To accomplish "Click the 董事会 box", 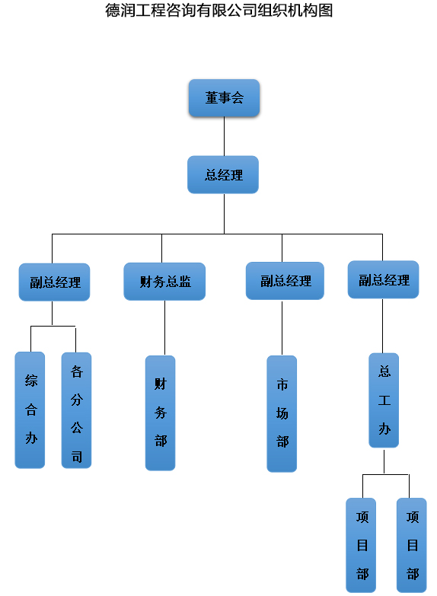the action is point(224,97).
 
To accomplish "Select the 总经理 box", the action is point(223,174).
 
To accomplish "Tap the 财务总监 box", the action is point(164,282).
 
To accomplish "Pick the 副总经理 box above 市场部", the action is point(285,281).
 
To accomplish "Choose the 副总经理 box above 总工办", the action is point(384,279).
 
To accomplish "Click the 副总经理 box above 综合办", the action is point(54,282).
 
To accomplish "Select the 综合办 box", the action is point(30,410).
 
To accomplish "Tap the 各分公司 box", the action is point(76,410).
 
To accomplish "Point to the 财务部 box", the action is point(161,413).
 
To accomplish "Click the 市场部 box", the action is point(282,414).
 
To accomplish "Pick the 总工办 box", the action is point(384,400).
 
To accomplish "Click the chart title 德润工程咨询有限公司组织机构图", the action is point(219,10).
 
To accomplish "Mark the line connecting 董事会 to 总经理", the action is point(224,136).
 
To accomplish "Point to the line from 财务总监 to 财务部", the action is point(164,328).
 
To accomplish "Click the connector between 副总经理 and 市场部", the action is point(282,327).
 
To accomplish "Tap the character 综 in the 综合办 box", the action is point(31,381).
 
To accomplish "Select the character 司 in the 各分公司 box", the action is point(77,456).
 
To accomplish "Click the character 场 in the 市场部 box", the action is point(282,413).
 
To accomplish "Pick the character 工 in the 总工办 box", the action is point(384,400).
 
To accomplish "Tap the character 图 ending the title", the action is point(326,10).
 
